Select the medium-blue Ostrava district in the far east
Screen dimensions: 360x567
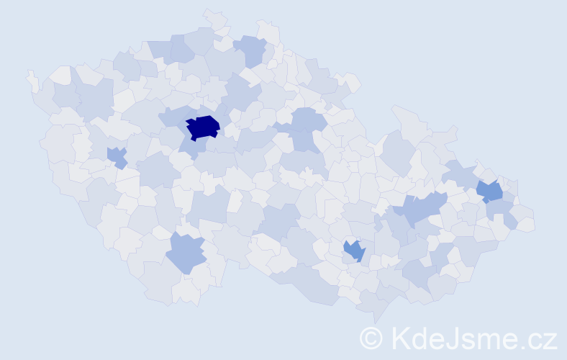(x=490, y=191)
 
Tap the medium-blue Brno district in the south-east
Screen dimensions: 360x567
(x=354, y=251)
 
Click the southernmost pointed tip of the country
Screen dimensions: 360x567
(x=374, y=317)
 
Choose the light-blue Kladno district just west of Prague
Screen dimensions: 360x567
(x=173, y=117)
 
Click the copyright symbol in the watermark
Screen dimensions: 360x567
(x=371, y=338)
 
